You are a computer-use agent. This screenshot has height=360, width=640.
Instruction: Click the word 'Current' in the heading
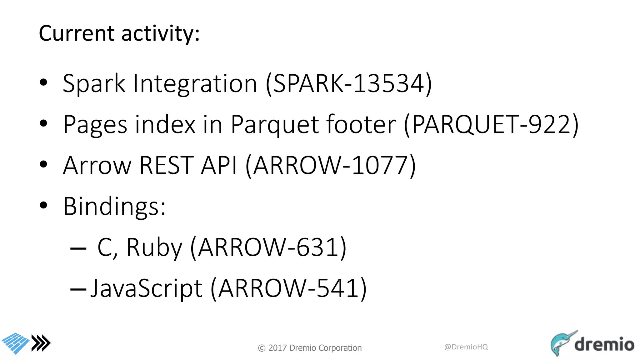(x=77, y=33)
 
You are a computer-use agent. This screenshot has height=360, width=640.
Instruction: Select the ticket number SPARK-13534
(x=349, y=83)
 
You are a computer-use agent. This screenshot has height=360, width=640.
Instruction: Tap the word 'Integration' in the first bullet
(x=195, y=84)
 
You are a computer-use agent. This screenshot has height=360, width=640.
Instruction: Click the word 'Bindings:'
(x=114, y=206)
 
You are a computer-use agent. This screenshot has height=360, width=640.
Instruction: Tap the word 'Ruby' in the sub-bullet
(x=154, y=247)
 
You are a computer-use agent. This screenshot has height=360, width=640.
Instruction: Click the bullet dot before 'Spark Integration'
(x=43, y=82)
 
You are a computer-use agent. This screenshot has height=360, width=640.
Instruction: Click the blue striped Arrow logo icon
(x=16, y=343)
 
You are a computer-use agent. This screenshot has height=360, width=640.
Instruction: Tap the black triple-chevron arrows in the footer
(x=41, y=343)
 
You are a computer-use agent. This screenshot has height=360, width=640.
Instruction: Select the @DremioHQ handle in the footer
(x=466, y=347)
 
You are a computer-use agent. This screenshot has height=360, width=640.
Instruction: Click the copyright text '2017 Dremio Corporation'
(x=314, y=348)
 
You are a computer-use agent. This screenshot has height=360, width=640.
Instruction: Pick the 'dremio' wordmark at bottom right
(x=604, y=344)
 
